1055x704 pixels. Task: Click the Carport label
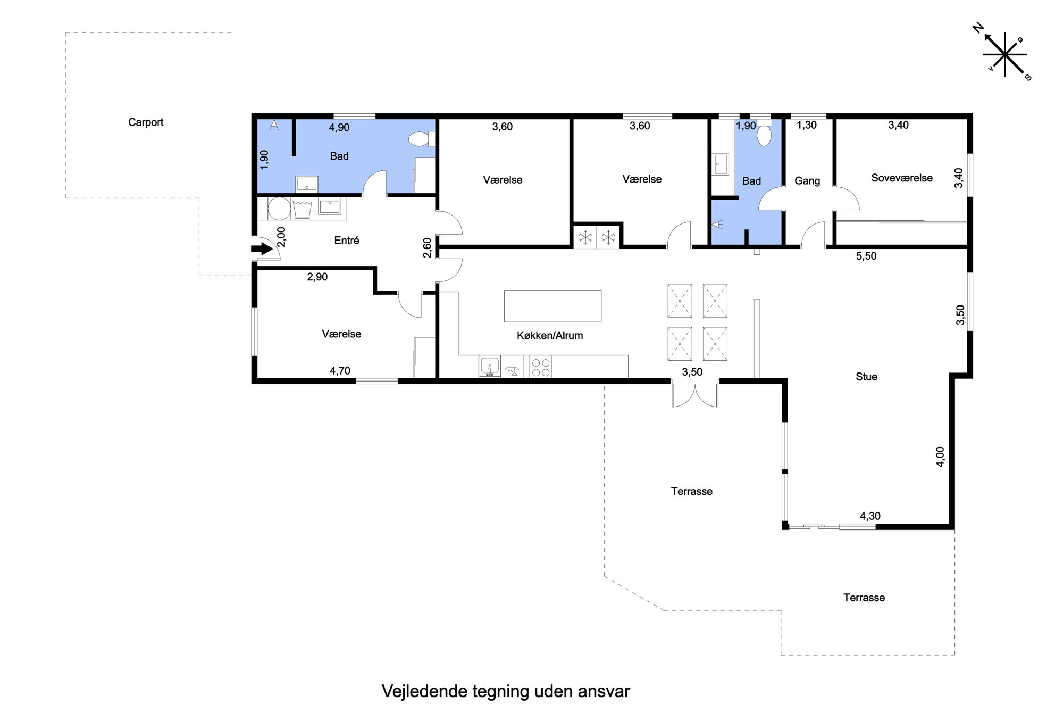[x=146, y=122]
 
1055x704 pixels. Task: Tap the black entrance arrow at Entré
[x=262, y=249]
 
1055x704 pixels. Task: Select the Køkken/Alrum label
[x=550, y=336]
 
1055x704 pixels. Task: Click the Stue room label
[x=866, y=377]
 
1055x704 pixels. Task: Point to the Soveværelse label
[x=902, y=178]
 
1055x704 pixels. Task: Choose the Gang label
[x=807, y=181]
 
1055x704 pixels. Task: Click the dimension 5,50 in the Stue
[x=866, y=256]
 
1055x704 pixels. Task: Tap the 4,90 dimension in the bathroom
[x=339, y=128]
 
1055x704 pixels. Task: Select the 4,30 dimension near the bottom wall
[x=870, y=516]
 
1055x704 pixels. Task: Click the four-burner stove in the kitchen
[x=541, y=367]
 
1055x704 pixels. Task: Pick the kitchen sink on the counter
[x=490, y=367]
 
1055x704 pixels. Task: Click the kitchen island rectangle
[x=553, y=306]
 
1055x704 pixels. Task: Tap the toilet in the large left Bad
[x=422, y=139]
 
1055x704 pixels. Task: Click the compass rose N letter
[x=978, y=28]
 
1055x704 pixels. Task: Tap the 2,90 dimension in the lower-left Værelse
[x=317, y=277]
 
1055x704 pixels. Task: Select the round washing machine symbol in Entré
[x=279, y=209]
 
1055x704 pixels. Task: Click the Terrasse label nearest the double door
[x=692, y=492]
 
